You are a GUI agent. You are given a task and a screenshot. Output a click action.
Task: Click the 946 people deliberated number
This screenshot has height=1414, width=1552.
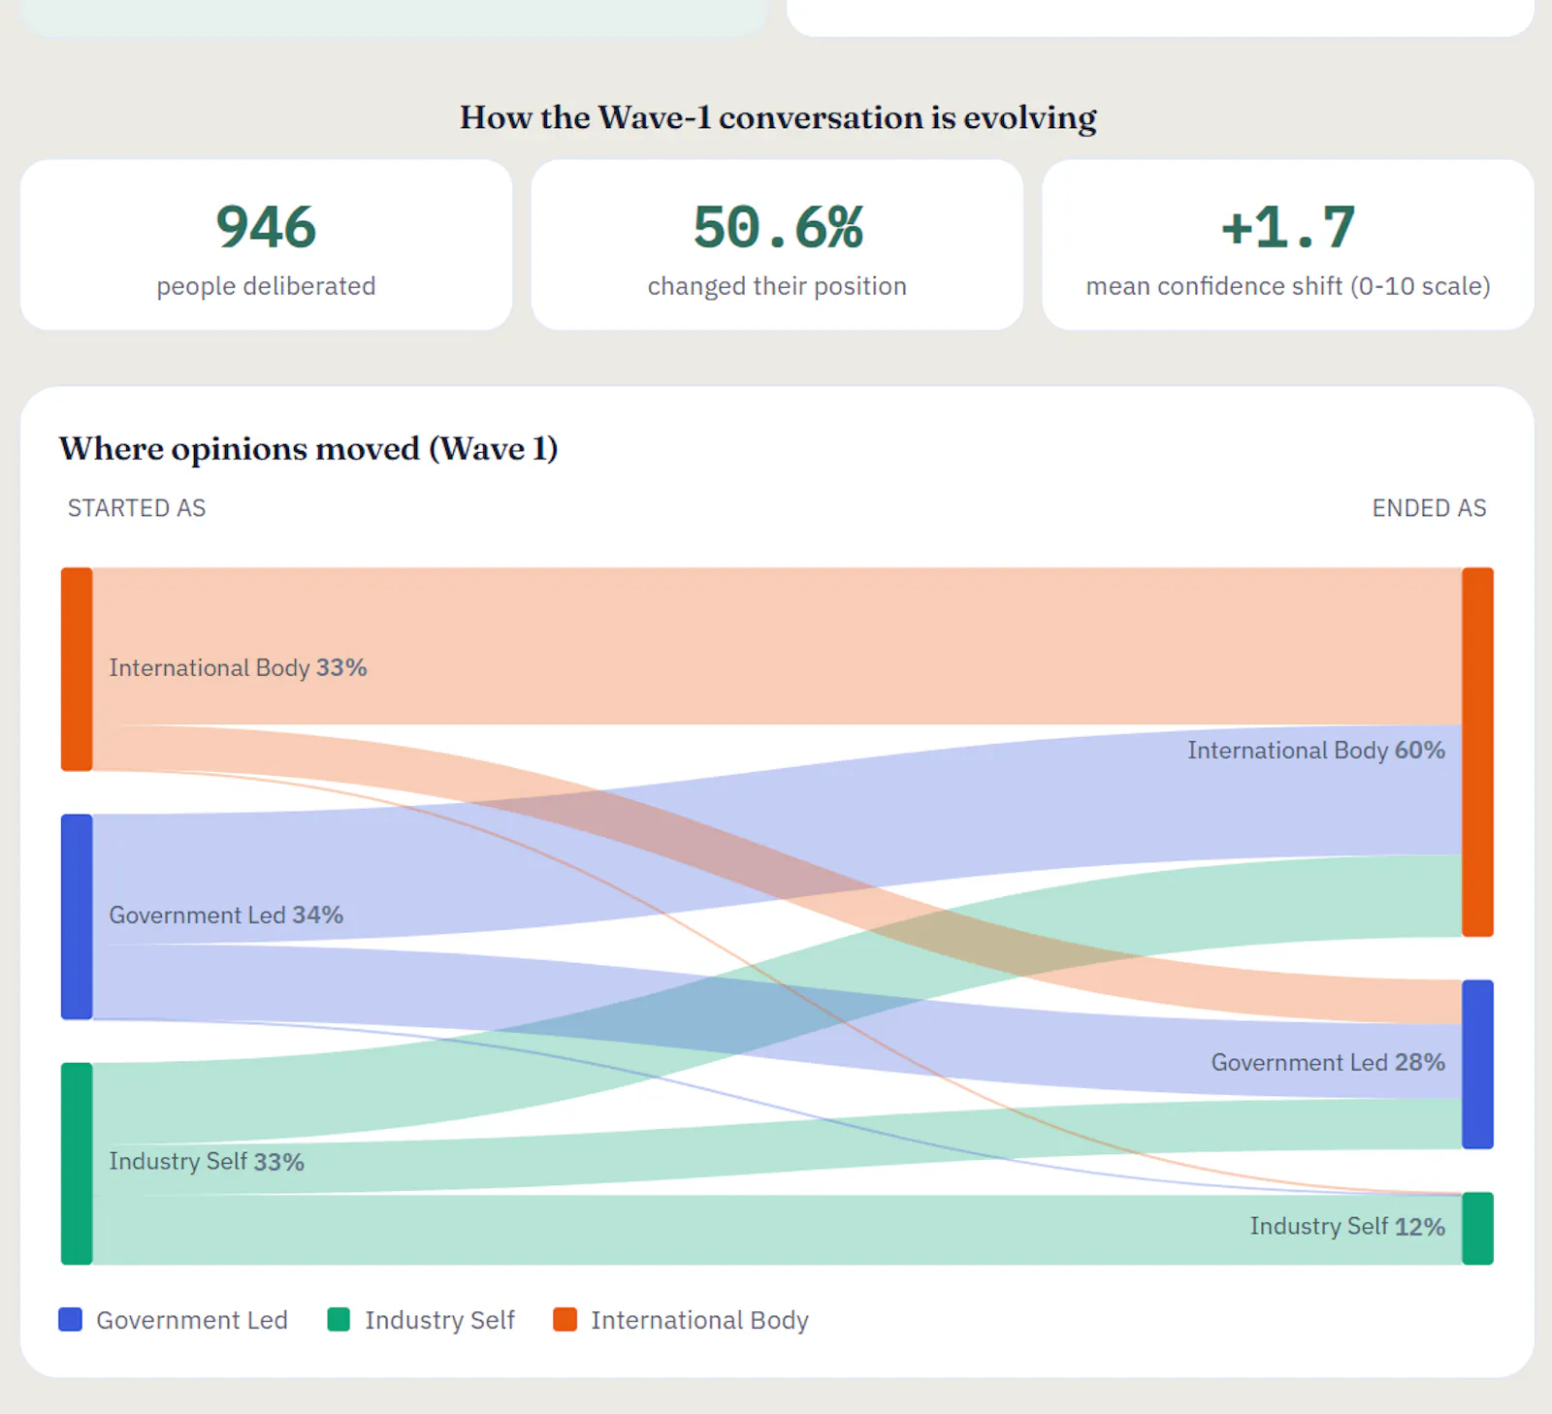tap(266, 227)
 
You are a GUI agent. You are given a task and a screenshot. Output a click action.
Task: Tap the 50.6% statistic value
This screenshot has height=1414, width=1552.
tap(777, 227)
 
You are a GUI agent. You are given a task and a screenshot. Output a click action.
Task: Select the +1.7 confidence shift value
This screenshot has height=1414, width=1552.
tap(1288, 227)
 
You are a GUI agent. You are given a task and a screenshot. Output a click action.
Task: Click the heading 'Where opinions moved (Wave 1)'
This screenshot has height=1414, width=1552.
tap(308, 448)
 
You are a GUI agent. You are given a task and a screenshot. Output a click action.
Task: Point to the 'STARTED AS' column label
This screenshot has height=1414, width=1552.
tap(137, 508)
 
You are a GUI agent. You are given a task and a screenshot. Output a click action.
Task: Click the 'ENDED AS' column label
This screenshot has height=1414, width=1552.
tap(1429, 508)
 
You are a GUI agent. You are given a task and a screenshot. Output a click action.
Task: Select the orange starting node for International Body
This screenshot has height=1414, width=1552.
tap(77, 669)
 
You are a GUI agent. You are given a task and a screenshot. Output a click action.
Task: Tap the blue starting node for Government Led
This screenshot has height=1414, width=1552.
tap(77, 916)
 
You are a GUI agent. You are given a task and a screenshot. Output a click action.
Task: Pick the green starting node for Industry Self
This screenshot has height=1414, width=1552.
tap(77, 1164)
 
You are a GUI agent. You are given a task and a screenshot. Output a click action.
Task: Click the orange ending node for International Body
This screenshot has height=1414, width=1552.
tap(1477, 752)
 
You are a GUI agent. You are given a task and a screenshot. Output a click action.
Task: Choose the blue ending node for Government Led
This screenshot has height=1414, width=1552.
tap(1477, 1064)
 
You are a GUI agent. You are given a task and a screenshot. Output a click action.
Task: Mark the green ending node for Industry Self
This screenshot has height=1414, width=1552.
tap(1477, 1228)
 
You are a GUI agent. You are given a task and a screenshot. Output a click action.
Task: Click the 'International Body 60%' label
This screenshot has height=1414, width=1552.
tap(1316, 750)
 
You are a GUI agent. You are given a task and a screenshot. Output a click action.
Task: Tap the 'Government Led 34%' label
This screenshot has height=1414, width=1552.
tap(226, 915)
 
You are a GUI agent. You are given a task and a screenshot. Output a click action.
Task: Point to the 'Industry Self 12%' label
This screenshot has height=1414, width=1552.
tap(1347, 1226)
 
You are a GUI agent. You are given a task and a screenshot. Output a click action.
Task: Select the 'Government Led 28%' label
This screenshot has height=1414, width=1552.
tap(1328, 1062)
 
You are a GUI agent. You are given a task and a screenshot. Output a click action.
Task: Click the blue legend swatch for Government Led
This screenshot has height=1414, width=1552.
tap(70, 1319)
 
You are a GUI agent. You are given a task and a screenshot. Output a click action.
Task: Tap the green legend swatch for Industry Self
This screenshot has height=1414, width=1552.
tap(339, 1319)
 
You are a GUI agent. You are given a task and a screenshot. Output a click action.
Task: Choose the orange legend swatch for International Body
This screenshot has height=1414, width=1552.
tap(565, 1319)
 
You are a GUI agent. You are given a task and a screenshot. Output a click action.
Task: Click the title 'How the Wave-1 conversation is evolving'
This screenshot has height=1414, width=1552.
tap(778, 117)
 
